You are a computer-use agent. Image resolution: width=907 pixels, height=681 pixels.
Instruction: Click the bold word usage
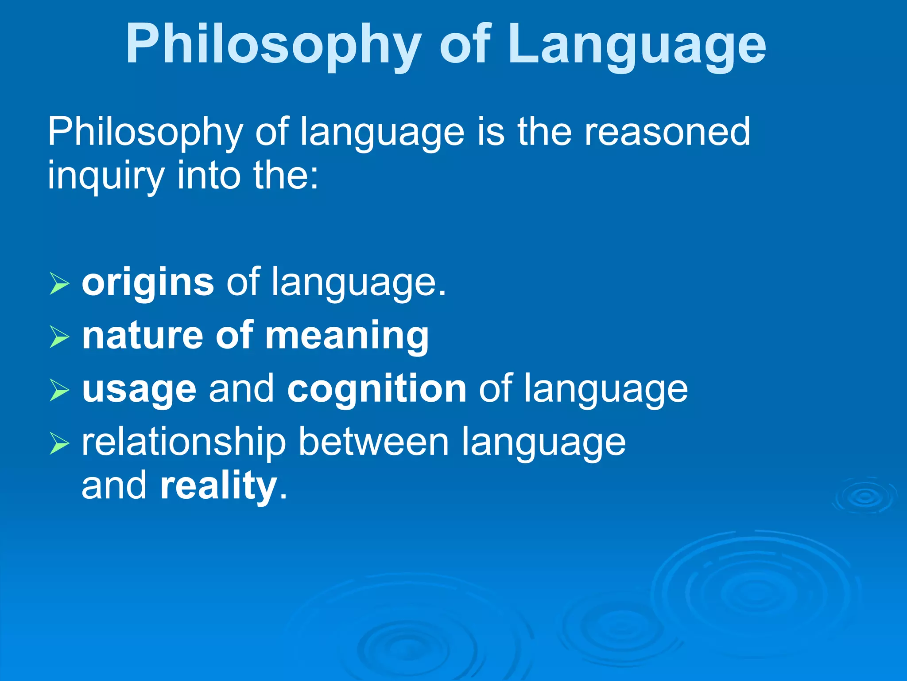tap(139, 389)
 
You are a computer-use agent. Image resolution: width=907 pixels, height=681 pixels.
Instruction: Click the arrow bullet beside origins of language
tap(59, 284)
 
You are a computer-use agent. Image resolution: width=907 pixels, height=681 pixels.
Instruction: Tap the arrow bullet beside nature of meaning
tap(59, 337)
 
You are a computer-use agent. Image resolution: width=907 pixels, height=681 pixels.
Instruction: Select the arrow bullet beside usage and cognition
tap(59, 390)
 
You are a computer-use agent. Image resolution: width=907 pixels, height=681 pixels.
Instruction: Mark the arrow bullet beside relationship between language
tap(59, 444)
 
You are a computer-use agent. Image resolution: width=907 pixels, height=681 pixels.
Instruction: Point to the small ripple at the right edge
tap(865, 497)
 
